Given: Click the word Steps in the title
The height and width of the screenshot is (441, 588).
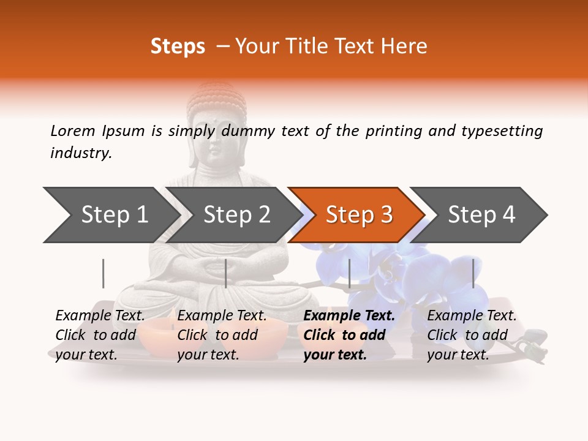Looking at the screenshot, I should click(x=178, y=46).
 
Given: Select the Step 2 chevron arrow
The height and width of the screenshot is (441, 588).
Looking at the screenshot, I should click(x=236, y=215).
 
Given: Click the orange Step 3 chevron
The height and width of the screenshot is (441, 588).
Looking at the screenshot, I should click(x=359, y=215).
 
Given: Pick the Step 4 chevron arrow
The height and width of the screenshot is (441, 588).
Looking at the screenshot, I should click(x=481, y=215).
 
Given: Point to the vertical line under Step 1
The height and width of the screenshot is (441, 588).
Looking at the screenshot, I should click(x=103, y=273).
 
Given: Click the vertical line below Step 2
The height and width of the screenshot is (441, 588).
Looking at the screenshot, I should click(x=226, y=273).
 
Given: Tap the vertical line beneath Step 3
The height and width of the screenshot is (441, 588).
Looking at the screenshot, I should click(x=349, y=273).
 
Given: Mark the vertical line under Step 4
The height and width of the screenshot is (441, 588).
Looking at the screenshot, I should click(x=473, y=273).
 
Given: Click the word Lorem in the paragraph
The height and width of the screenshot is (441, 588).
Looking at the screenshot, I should click(x=73, y=131).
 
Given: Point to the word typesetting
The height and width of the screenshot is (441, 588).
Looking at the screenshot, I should click(x=502, y=131).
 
